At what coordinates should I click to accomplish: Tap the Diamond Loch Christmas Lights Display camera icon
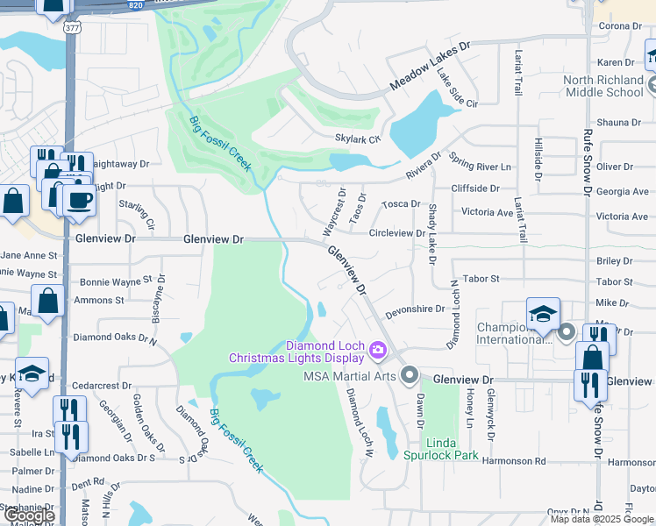point(378,351)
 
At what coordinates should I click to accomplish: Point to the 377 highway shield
point(70,27)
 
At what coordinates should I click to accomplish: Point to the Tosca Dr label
point(402,203)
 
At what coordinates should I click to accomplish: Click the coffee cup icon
point(79,199)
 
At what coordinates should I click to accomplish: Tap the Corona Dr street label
point(620,26)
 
